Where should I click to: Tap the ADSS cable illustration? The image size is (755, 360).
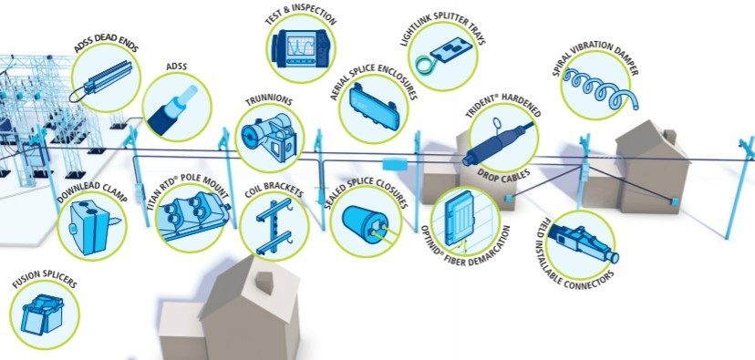pos(174,108)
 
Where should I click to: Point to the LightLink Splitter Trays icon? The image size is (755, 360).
pos(442,57)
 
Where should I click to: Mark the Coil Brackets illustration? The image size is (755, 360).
pos(274,226)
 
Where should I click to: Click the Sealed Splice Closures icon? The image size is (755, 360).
pos(367,225)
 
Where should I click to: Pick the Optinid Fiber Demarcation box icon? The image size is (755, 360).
pos(460,219)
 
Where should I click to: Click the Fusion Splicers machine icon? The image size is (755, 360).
pos(42,314)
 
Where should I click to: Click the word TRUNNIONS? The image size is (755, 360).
pos(269,101)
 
